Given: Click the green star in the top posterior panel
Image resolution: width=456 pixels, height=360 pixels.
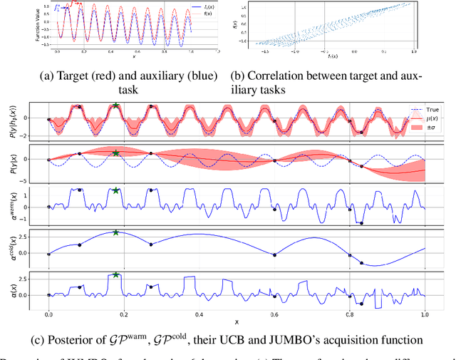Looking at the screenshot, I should coord(115,106).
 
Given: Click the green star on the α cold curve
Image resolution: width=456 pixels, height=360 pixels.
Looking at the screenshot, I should coord(115,232).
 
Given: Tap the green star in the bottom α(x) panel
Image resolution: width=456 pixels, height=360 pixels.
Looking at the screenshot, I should coord(115,274).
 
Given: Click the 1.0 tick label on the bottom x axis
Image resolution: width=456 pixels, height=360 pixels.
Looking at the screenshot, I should coord(425,314).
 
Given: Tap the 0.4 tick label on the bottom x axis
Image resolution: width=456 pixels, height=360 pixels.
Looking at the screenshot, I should coord(199,314).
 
